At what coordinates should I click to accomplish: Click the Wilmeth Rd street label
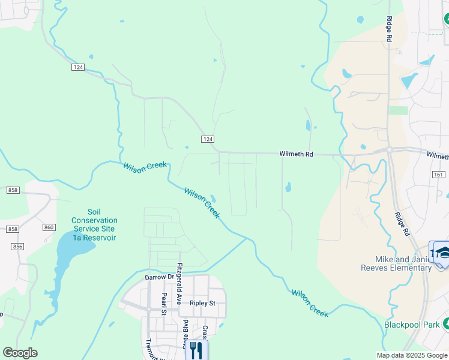(x=297, y=154)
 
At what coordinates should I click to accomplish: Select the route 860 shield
(x=49, y=227)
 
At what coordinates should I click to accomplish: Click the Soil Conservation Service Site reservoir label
(x=94, y=224)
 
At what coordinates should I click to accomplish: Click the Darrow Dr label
(x=159, y=278)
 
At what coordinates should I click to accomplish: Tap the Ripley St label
(x=202, y=303)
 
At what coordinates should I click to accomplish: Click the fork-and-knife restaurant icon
(x=196, y=350)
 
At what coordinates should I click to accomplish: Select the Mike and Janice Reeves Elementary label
(x=403, y=263)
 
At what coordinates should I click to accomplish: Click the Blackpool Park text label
(x=411, y=325)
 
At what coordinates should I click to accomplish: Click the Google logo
(x=20, y=352)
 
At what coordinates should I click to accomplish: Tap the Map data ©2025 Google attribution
(x=411, y=355)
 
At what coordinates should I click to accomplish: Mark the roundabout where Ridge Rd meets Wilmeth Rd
(x=389, y=149)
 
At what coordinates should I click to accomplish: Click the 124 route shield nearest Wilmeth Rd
(x=206, y=139)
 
